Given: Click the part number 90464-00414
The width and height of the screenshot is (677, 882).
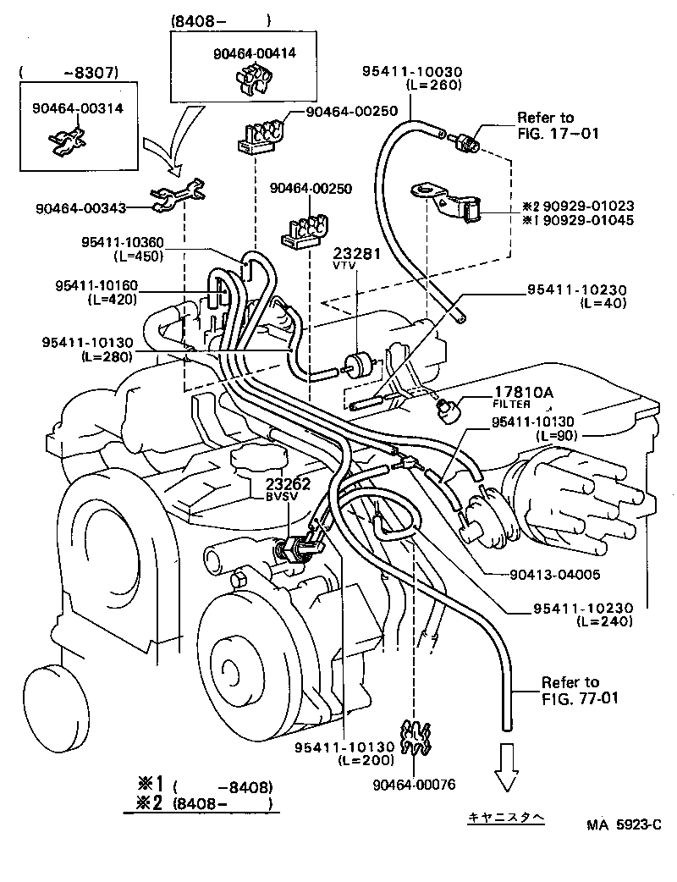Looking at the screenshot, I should [x=254, y=53].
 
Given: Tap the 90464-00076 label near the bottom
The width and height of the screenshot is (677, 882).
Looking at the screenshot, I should [x=414, y=785].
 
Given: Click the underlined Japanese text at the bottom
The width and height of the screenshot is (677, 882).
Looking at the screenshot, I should [x=508, y=819].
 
